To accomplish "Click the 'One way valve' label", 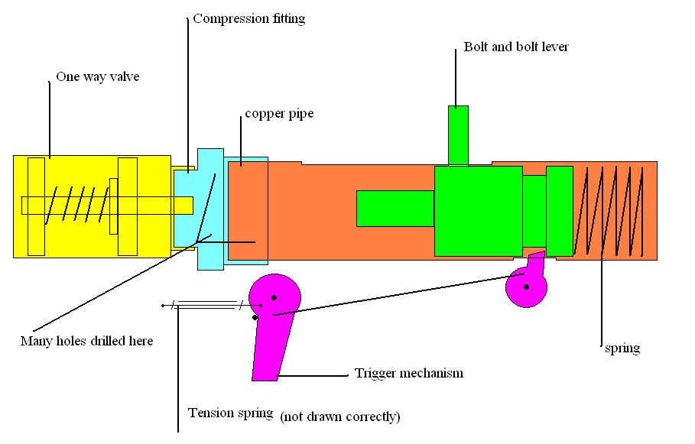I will (97, 77).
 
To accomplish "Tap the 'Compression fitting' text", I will (248, 19).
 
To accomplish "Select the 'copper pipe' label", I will (279, 115).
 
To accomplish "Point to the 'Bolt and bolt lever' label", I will (516, 47).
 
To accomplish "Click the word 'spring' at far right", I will (621, 348).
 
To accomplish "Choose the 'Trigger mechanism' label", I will (409, 374).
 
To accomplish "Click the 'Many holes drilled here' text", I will (86, 341).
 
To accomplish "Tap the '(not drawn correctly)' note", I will (339, 417).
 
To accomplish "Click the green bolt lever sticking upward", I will (458, 134).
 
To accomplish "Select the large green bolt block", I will (478, 210).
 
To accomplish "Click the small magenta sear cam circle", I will (527, 288).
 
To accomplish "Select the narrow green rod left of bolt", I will (395, 208).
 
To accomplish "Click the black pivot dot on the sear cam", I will (526, 287).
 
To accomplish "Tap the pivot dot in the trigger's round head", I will (274, 297).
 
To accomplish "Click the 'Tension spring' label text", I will (230, 413).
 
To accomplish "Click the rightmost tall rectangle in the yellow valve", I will (128, 206).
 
